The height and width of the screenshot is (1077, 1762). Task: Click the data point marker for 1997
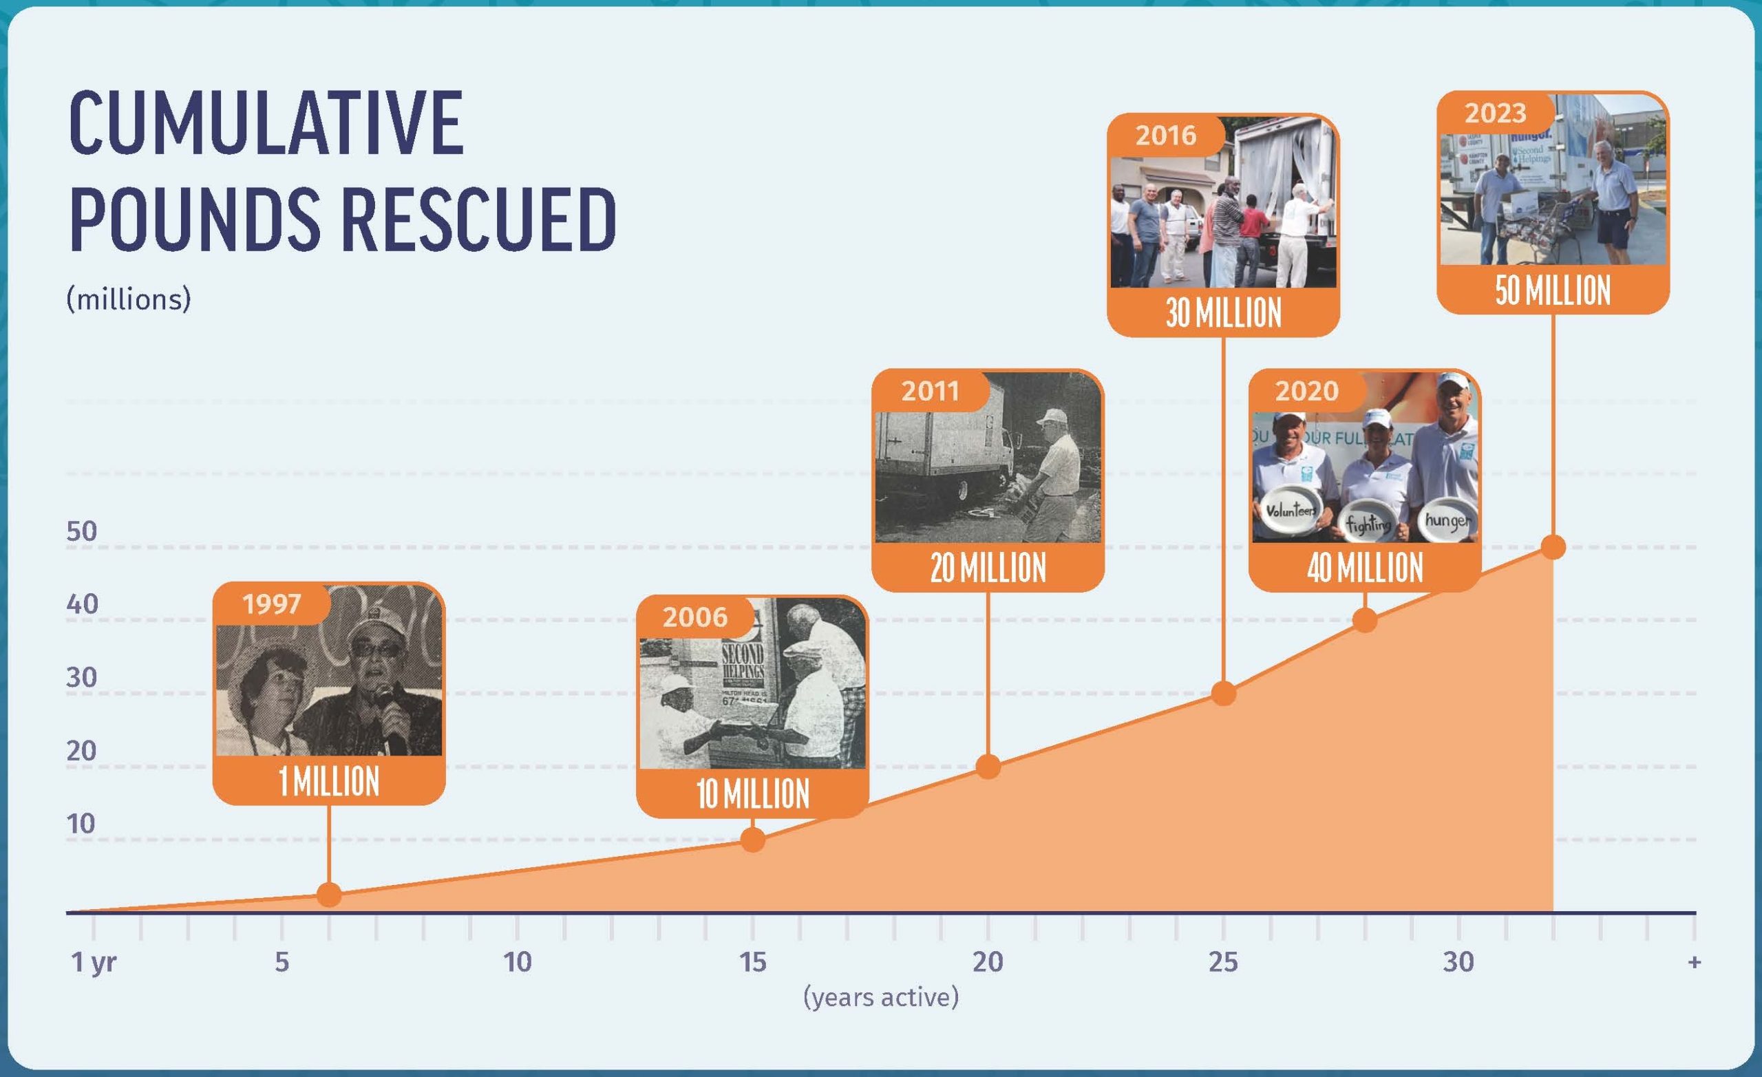(329, 894)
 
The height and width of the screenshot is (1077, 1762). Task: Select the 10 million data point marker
(752, 839)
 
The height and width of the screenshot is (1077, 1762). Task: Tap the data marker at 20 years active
(988, 766)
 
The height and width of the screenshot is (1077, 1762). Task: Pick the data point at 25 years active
(1224, 693)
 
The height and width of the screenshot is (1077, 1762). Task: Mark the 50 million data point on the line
(1553, 547)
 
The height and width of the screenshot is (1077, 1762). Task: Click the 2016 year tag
(1166, 135)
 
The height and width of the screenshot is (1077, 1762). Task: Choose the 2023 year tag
(1495, 113)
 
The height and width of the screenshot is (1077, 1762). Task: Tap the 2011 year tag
(930, 391)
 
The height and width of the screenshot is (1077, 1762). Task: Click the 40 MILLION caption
(1364, 568)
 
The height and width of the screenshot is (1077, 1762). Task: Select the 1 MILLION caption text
(329, 781)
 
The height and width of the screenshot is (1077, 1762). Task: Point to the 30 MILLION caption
(1224, 312)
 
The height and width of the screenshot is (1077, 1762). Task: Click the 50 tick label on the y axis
(81, 531)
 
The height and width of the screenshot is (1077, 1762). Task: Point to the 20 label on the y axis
(81, 751)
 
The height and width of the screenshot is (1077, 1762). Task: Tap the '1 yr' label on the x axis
(93, 963)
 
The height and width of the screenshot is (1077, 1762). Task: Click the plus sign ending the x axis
(1693, 963)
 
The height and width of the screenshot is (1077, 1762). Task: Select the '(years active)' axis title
(881, 997)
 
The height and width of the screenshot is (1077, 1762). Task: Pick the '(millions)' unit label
(129, 299)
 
